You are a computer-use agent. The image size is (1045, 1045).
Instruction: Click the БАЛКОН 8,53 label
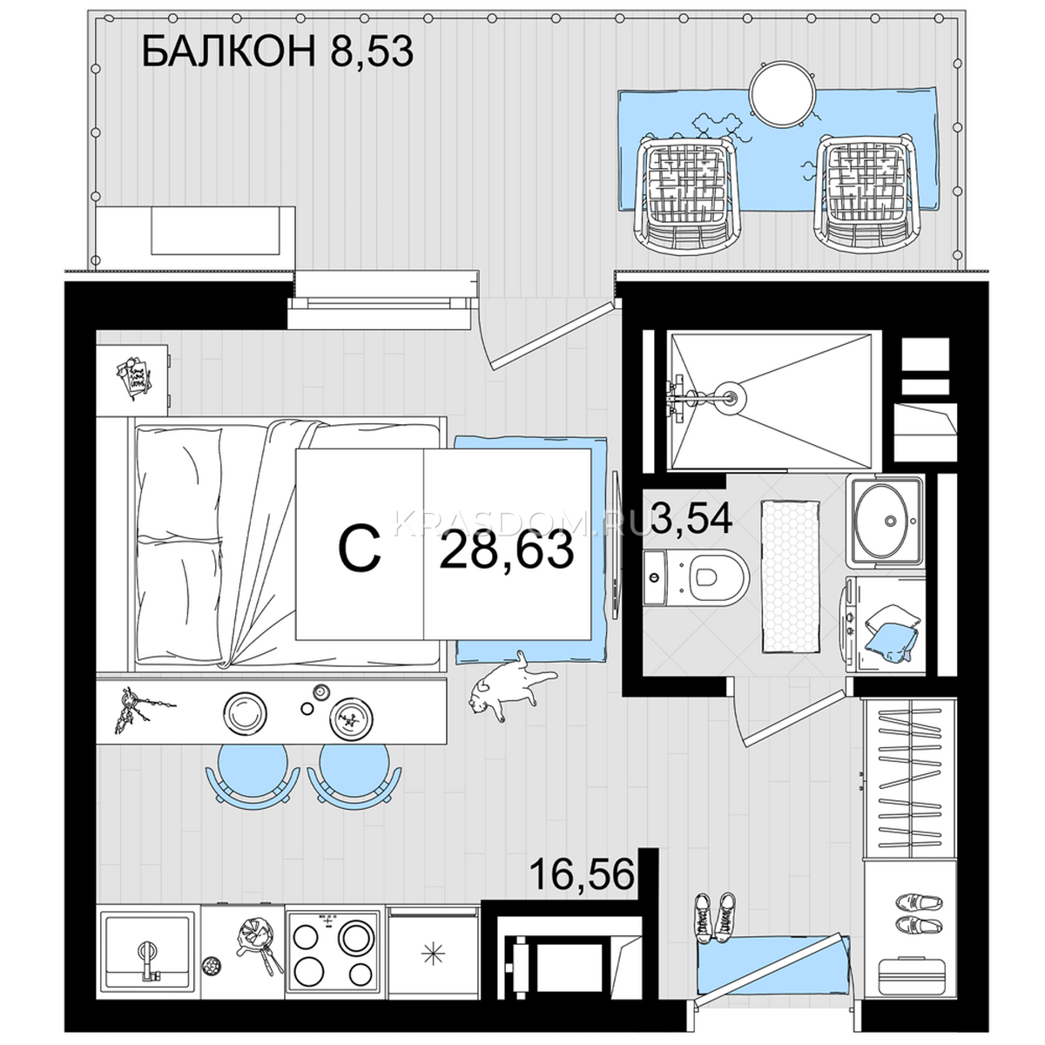coord(277,51)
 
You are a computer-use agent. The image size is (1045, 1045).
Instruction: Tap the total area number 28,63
coord(507,550)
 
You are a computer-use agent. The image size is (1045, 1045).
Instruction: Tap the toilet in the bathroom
coord(695,577)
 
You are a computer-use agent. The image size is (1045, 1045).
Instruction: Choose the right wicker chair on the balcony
coord(864,191)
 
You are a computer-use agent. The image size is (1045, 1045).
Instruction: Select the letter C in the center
coord(359,549)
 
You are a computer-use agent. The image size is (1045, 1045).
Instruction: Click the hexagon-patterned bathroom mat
coord(791,576)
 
